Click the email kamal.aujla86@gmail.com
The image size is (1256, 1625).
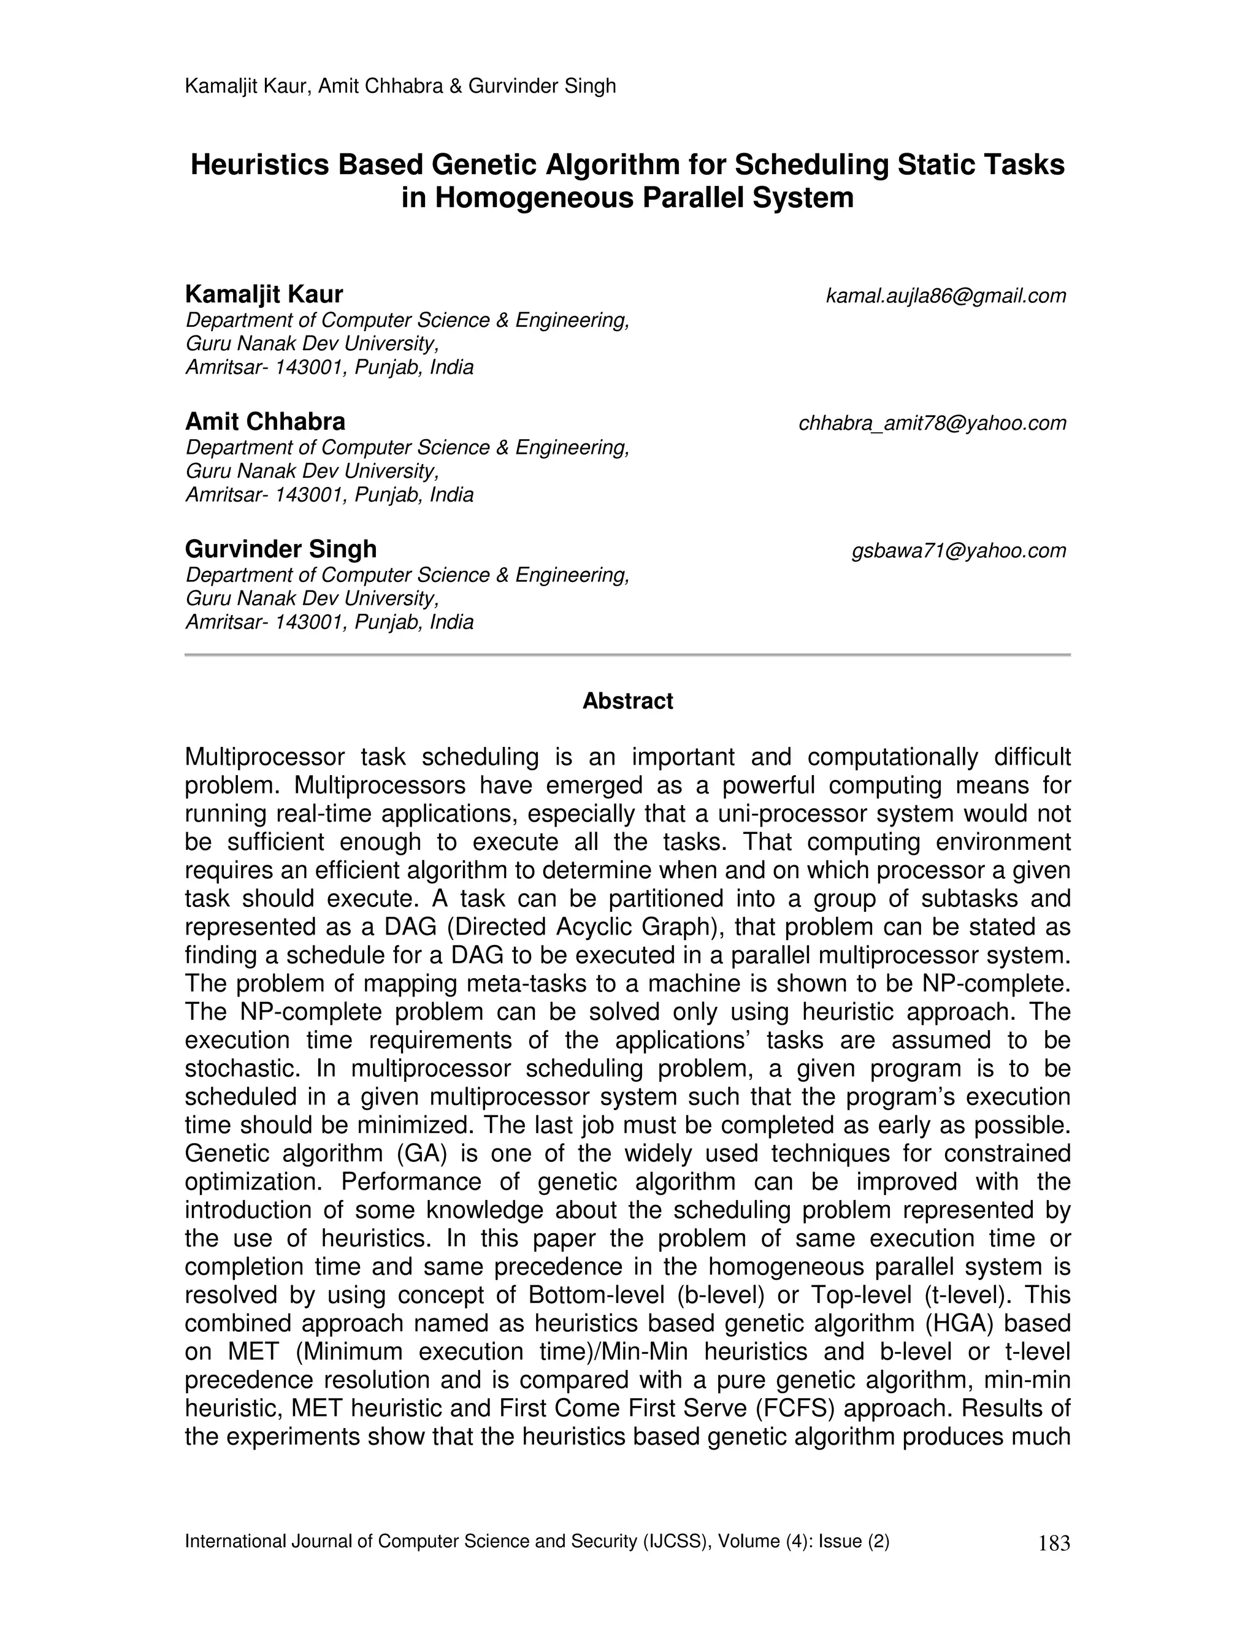click(946, 296)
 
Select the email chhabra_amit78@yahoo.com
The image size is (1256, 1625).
click(932, 423)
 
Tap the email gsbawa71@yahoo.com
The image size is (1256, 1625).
click(959, 551)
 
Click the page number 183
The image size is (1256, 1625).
click(1053, 1544)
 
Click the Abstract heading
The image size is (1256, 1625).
click(627, 701)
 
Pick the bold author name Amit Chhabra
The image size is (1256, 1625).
click(265, 422)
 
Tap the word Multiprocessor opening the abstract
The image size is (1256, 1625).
click(264, 757)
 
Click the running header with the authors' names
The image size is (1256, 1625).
click(400, 86)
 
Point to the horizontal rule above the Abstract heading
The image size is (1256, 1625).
click(627, 655)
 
